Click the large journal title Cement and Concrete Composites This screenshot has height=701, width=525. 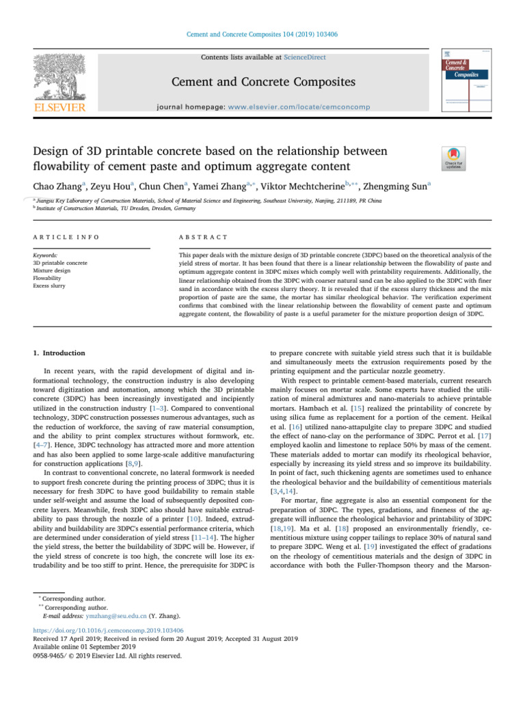tap(262, 83)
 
